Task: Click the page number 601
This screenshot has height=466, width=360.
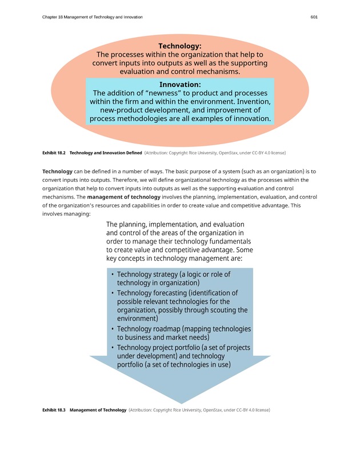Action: (314, 17)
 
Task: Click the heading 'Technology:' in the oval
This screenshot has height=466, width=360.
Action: (179, 46)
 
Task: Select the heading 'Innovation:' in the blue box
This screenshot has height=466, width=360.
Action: (179, 85)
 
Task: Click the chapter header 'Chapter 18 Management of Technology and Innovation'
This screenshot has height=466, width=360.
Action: (93, 17)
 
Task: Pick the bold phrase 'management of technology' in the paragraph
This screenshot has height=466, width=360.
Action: (123, 197)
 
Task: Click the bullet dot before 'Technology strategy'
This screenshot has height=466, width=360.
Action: (113, 275)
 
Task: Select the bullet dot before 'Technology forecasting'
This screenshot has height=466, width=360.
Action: (113, 293)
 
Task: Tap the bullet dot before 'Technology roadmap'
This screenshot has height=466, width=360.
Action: (113, 329)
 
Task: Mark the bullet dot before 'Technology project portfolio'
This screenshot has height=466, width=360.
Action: (113, 348)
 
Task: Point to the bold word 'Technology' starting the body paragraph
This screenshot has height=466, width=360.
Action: (57, 171)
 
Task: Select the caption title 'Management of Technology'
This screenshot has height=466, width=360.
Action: (98, 410)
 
